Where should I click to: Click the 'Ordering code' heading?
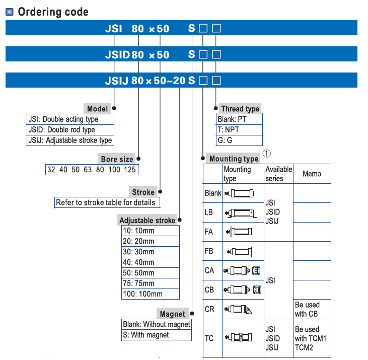pyautogui.click(x=53, y=12)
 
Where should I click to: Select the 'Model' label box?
pyautogui.click(x=97, y=109)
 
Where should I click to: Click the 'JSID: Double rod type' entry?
pyautogui.click(x=61, y=129)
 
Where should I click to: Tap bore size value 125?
pyautogui.click(x=130, y=170)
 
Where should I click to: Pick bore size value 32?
pyautogui.click(x=51, y=170)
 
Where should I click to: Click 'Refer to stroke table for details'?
pyautogui.click(x=106, y=202)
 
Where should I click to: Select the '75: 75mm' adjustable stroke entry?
pyautogui.click(x=138, y=283)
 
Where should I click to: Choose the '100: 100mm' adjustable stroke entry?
pyautogui.click(x=142, y=294)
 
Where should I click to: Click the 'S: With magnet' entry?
pyautogui.click(x=146, y=335)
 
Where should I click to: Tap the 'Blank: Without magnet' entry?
pyautogui.click(x=157, y=324)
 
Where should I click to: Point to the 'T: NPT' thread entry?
pyautogui.click(x=229, y=130)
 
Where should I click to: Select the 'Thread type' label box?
pyautogui.click(x=240, y=109)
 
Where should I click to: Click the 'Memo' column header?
pyautogui.click(x=312, y=174)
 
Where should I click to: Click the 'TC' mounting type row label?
pyautogui.click(x=209, y=338)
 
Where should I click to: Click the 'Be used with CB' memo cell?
pyautogui.click(x=307, y=309)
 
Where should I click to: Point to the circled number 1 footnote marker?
pyautogui.click(x=267, y=154)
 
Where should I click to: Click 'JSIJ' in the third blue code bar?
pyautogui.click(x=116, y=80)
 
